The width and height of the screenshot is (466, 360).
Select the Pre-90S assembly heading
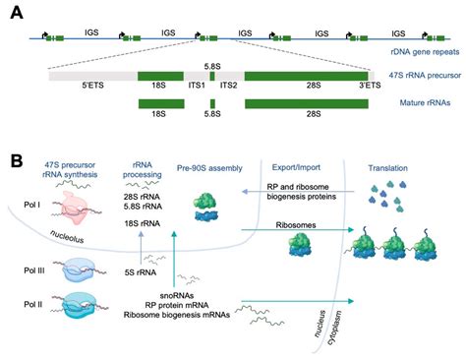207,168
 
